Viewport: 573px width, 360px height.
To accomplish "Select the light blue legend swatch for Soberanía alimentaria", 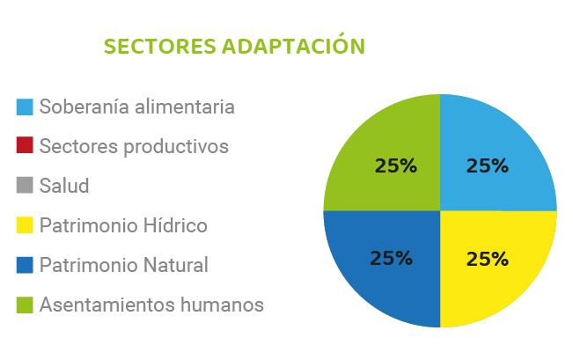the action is click(25, 107).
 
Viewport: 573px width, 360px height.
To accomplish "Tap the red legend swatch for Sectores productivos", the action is click(25, 144).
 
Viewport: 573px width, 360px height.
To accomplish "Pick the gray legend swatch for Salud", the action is click(25, 185).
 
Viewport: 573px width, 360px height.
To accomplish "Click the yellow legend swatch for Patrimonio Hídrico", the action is click(25, 224).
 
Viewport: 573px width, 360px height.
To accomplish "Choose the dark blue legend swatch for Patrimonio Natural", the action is click(25, 265).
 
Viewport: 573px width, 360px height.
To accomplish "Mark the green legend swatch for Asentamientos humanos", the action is click(25, 305).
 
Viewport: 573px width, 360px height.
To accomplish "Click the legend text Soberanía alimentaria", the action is click(137, 107).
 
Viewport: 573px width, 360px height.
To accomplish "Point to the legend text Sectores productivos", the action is click(134, 147).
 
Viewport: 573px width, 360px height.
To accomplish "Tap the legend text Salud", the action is click(64, 186).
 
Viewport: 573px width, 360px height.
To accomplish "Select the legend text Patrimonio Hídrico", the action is click(123, 225).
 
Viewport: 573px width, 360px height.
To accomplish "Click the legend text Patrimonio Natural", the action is click(124, 265).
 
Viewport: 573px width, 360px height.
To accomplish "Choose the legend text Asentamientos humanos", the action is click(151, 305).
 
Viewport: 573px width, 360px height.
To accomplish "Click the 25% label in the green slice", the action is click(396, 166).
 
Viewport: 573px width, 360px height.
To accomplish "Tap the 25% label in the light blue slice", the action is click(488, 166).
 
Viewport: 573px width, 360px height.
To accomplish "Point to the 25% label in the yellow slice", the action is click(488, 259).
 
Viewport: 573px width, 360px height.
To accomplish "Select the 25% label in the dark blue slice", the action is click(392, 258).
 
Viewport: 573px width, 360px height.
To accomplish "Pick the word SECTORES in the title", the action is click(160, 47).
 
